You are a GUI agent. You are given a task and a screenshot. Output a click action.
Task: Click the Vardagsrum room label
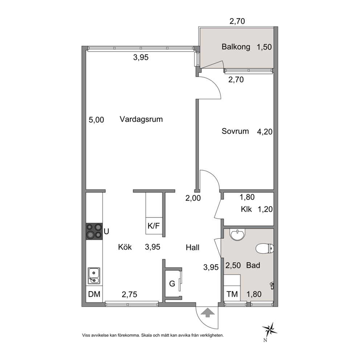coord(141,119)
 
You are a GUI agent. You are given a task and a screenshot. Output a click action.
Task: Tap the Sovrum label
coord(235,131)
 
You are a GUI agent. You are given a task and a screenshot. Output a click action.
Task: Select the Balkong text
coord(236,47)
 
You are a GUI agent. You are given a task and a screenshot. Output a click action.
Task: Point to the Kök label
coord(125,247)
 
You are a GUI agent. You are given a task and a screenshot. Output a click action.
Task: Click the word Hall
coord(192,247)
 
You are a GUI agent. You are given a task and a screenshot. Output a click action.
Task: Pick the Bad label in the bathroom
coord(253,265)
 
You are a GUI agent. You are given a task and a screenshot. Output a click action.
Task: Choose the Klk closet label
coord(246,209)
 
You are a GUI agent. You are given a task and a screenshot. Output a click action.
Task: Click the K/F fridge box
coord(154,226)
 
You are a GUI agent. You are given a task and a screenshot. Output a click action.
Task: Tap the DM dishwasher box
coord(94,294)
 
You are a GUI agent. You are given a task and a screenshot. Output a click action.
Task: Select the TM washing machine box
coord(232,294)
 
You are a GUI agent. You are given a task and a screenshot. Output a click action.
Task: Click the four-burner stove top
coord(94,231)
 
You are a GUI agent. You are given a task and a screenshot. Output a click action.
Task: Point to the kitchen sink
coord(94,276)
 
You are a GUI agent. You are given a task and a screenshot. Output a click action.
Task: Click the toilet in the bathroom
coord(265,249)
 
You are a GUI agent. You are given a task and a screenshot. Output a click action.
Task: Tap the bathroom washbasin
coord(237,234)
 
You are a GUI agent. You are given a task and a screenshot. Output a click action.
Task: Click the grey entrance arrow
coord(208,313)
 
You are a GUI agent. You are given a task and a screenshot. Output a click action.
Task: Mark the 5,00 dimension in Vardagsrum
coord(97,120)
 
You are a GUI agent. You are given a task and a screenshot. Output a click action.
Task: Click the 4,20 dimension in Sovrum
coord(265,132)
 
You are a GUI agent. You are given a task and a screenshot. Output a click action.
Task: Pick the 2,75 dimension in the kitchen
coord(130,294)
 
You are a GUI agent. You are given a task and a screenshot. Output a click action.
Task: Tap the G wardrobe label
coord(172,283)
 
